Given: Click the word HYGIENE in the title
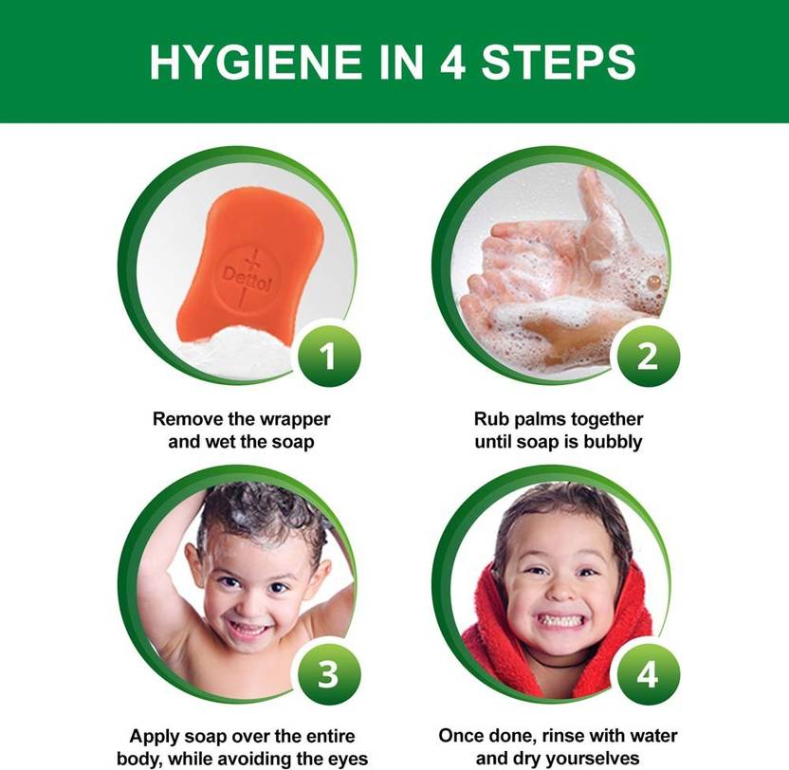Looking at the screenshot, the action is click(x=256, y=62).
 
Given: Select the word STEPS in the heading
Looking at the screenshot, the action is click(x=560, y=62).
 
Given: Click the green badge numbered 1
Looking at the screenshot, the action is click(x=328, y=356).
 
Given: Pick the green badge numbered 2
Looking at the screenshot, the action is click(x=647, y=356).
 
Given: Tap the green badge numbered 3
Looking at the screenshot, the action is click(x=328, y=674).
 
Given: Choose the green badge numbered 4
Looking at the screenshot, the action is click(x=647, y=674).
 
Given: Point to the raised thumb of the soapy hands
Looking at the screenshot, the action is click(x=597, y=211).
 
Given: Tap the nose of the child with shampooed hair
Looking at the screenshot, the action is click(x=248, y=604).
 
